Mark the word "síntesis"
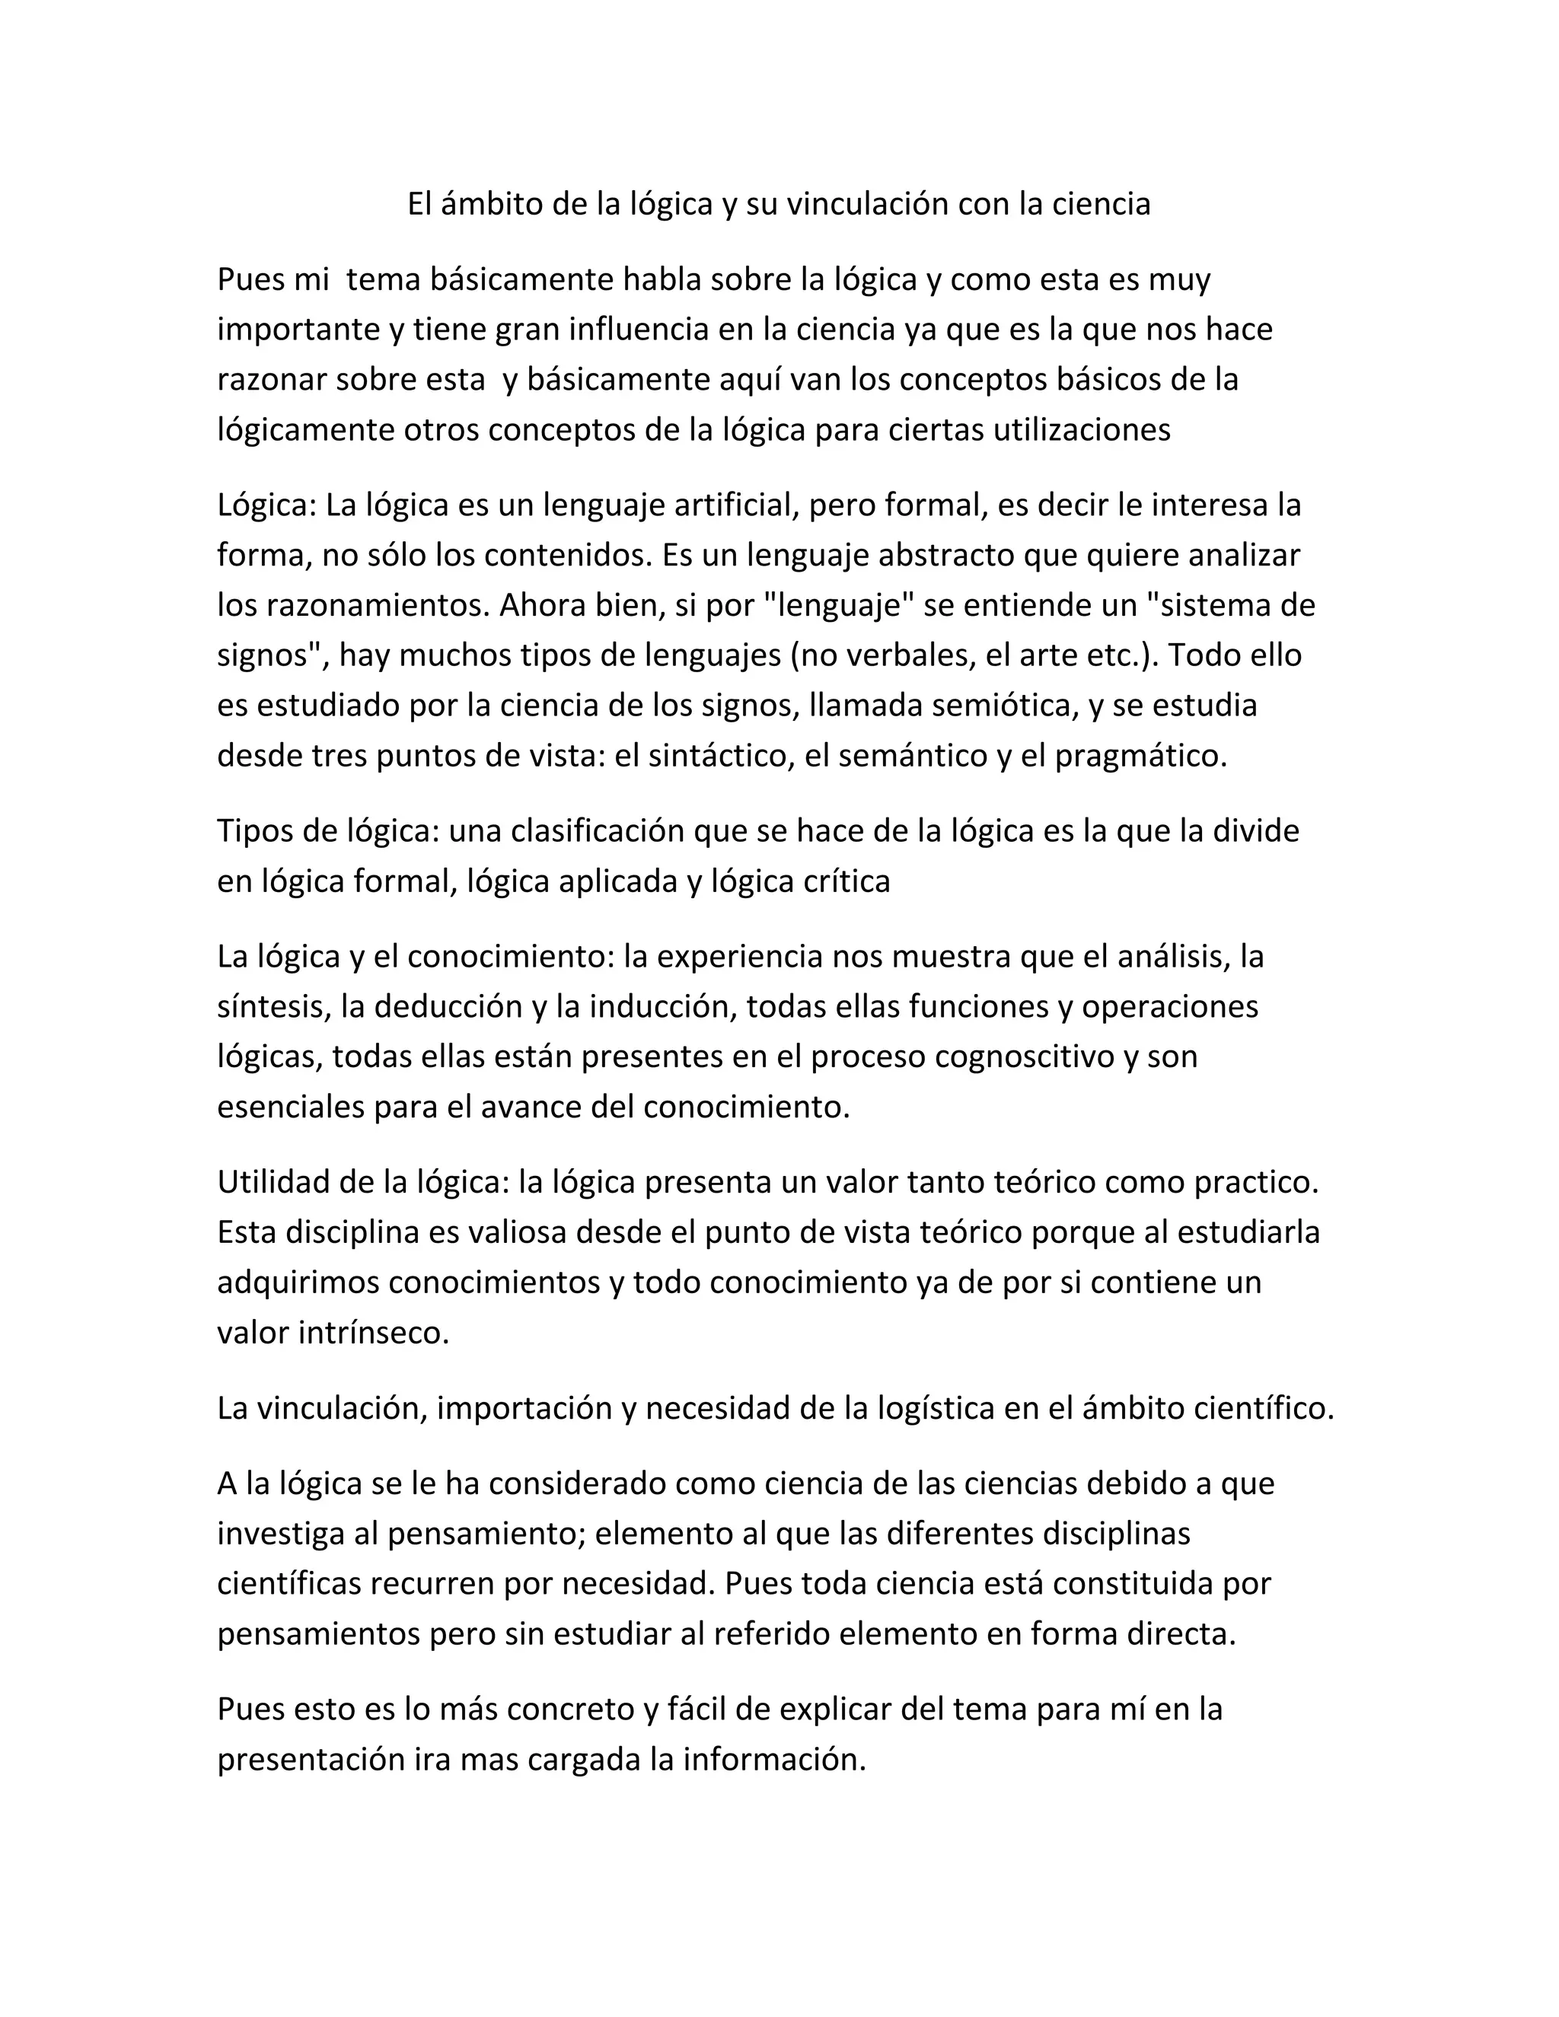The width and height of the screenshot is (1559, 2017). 273,1007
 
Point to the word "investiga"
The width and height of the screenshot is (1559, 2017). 285,1534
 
